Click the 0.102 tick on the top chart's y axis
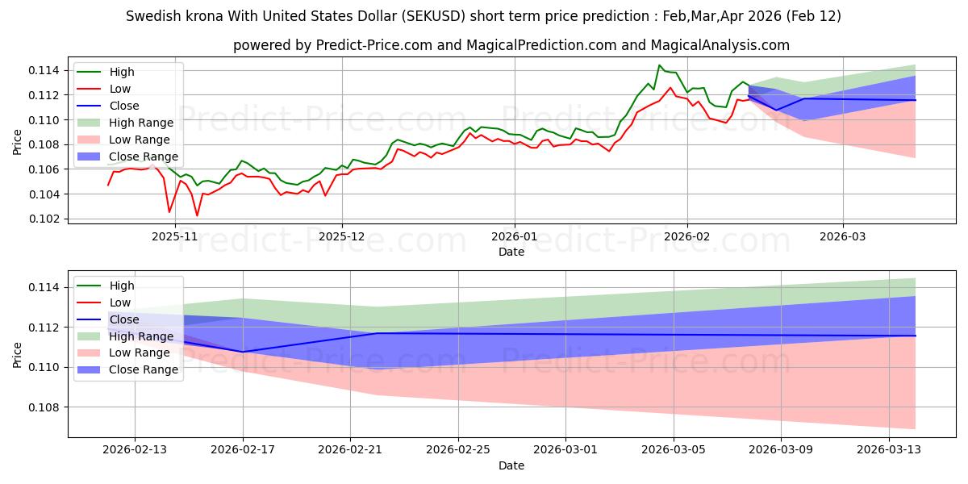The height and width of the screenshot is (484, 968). [x=44, y=219]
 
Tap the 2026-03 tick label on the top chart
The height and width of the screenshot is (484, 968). [x=843, y=236]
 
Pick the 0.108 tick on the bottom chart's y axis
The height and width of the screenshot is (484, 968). [x=44, y=407]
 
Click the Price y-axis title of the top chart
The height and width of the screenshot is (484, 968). [x=18, y=140]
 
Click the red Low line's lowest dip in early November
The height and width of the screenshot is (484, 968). [x=197, y=215]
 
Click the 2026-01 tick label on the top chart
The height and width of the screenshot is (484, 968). [x=515, y=236]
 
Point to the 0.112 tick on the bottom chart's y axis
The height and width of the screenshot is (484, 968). [x=44, y=328]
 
